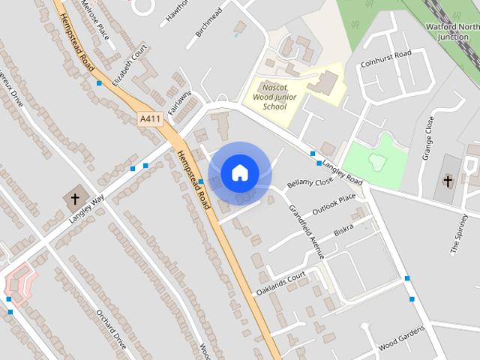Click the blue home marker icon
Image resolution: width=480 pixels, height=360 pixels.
pos(239,173)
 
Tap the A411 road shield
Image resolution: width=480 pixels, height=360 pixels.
pos(151,119)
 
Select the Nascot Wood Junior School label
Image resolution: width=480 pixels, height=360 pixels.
pos(275,97)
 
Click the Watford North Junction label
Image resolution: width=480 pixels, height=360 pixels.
pos(454,31)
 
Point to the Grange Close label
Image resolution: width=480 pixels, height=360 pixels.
pos(427,139)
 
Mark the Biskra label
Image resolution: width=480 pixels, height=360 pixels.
pos(343,229)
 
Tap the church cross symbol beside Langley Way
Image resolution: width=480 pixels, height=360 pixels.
pos(74,199)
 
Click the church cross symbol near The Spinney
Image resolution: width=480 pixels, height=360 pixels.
pos(448,181)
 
